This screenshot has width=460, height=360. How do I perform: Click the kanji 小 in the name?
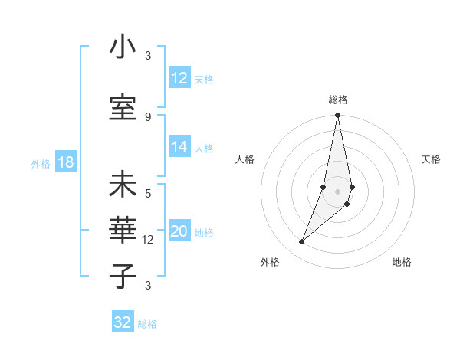point(123,48)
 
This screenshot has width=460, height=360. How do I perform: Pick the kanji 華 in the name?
point(123,231)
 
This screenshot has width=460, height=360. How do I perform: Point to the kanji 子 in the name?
point(123,276)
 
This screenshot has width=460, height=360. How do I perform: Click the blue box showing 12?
point(179,78)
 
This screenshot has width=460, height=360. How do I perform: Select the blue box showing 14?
point(179,147)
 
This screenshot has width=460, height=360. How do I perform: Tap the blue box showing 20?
point(179,231)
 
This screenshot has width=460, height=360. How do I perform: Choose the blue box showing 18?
point(65,162)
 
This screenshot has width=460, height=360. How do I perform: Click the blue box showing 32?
point(123,322)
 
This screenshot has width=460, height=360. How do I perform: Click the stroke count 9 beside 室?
point(148,116)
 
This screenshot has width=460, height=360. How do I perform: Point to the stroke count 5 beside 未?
point(148,194)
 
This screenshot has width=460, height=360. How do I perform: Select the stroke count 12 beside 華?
point(148,240)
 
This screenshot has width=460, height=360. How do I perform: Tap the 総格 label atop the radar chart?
point(338,100)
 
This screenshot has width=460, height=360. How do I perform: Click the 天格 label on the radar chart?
point(432,159)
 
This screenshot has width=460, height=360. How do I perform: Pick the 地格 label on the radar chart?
point(402,262)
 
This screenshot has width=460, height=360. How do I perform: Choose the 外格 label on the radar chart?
point(270,262)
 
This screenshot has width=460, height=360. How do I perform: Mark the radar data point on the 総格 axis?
point(337,116)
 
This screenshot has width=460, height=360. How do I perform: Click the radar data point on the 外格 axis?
point(301,242)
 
